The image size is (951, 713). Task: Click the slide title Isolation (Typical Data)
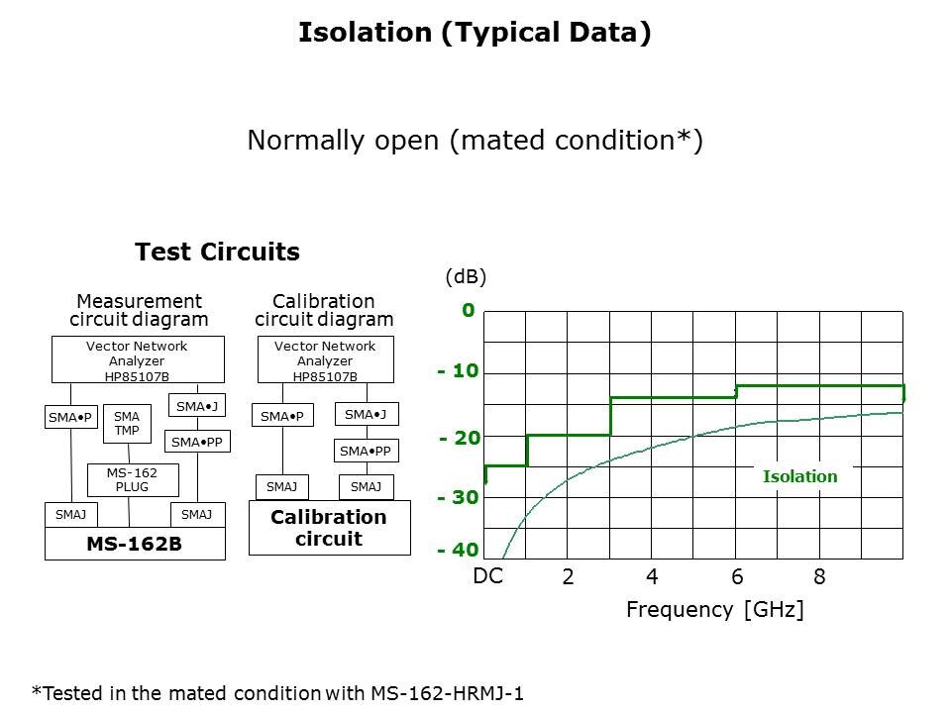point(475,34)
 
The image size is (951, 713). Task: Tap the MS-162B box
point(135,544)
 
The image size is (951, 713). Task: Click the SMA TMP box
point(127,423)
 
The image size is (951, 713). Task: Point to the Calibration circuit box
point(329,528)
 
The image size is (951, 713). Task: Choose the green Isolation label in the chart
point(799,476)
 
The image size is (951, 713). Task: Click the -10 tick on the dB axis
point(458,371)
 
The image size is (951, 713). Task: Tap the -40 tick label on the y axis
point(458,551)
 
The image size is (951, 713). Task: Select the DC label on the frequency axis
point(488,576)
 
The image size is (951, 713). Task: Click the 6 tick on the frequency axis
point(737,577)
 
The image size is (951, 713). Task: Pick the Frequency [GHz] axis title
point(714,610)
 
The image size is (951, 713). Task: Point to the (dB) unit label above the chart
point(466,277)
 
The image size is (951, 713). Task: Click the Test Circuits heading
point(217,253)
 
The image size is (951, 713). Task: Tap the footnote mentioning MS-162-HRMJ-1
point(277,692)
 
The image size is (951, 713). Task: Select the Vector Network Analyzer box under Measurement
point(137,359)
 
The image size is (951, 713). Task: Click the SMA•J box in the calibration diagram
point(366,414)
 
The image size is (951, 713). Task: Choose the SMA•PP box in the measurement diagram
point(197,442)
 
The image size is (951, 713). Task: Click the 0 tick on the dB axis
point(469,311)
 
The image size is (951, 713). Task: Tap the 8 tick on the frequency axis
point(819,577)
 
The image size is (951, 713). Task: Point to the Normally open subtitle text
point(475,141)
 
